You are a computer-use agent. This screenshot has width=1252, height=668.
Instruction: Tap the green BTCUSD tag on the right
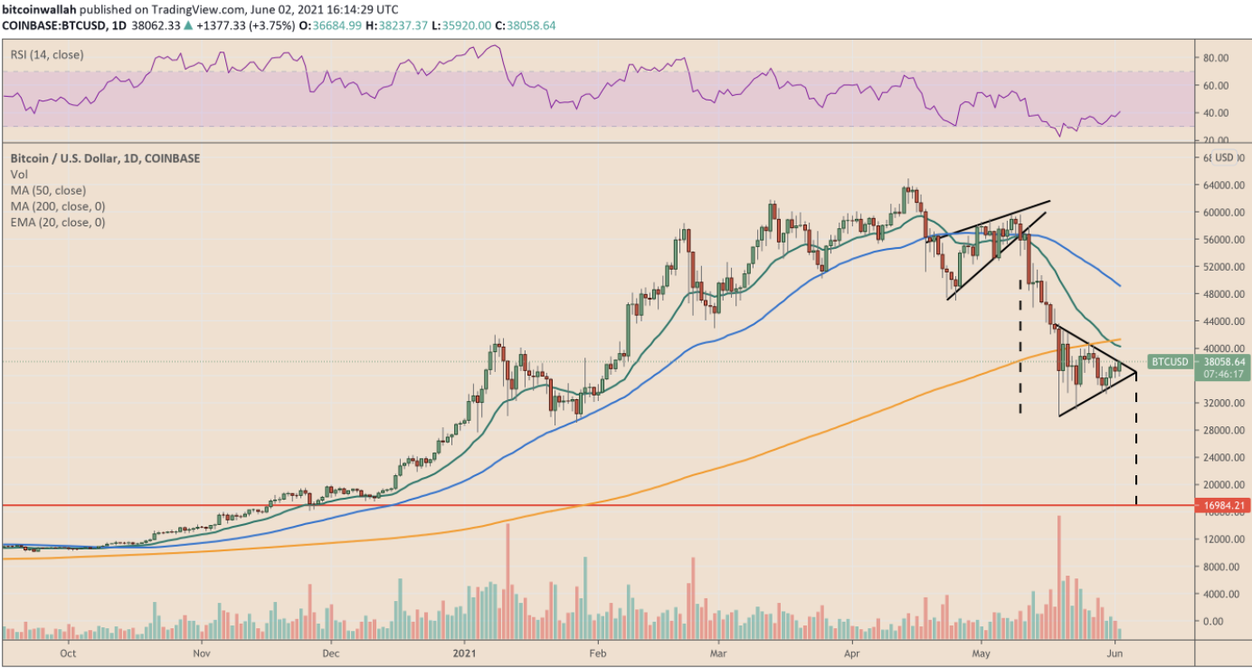pos(1169,362)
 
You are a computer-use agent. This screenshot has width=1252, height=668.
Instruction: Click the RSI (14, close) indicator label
pos(47,55)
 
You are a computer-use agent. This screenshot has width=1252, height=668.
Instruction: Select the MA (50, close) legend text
pos(50,190)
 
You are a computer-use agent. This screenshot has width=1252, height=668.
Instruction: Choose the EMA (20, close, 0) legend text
pos(58,222)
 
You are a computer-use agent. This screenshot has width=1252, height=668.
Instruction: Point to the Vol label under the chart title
pos(20,174)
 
